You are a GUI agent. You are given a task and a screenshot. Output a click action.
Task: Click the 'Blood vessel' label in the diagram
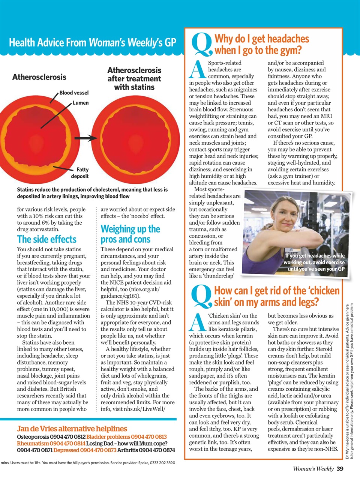tap(74, 93)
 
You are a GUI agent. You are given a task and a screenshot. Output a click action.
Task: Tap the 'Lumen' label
tap(81, 103)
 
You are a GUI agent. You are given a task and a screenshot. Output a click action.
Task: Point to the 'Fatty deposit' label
tap(80, 173)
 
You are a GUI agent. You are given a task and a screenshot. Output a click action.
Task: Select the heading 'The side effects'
tap(46, 239)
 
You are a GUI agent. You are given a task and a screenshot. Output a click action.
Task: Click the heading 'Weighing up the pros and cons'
tap(130, 234)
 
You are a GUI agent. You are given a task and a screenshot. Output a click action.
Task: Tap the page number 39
tap(340, 468)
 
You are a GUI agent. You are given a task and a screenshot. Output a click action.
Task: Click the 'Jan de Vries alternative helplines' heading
tap(72, 429)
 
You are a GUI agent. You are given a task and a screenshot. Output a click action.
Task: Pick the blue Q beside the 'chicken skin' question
tap(201, 297)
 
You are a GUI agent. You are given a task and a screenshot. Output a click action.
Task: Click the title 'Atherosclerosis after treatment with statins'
tap(134, 79)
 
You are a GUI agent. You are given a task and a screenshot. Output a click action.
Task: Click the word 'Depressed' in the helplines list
tap(66, 450)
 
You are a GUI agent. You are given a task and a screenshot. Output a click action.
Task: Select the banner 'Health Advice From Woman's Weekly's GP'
tap(92, 42)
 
